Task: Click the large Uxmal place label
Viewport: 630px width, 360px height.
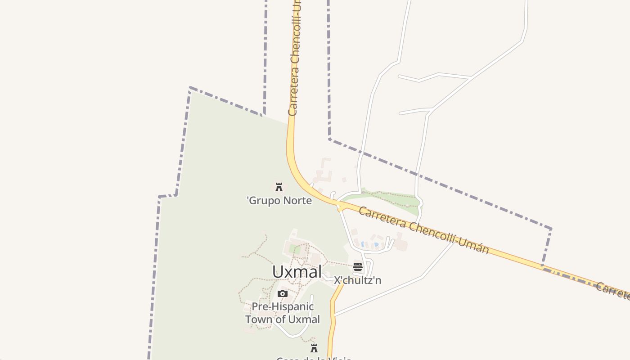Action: click(297, 272)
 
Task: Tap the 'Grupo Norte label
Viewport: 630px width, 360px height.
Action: click(279, 201)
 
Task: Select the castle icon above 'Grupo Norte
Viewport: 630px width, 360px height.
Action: click(279, 187)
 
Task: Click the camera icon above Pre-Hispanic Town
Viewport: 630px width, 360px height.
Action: click(283, 294)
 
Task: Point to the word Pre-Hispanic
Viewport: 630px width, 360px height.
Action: click(283, 307)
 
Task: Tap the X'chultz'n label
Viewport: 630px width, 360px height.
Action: click(357, 280)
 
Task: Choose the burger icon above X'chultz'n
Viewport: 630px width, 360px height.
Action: click(358, 267)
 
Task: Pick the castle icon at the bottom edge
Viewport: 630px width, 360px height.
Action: click(314, 348)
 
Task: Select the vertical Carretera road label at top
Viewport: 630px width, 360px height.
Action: click(295, 58)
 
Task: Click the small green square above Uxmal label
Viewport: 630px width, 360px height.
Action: click(294, 249)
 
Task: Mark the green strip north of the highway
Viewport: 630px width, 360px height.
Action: click(387, 198)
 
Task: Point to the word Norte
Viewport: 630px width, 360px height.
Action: click(296, 201)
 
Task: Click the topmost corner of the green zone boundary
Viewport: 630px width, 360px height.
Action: click(190, 88)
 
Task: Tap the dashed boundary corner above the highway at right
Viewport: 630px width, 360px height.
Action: click(551, 229)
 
